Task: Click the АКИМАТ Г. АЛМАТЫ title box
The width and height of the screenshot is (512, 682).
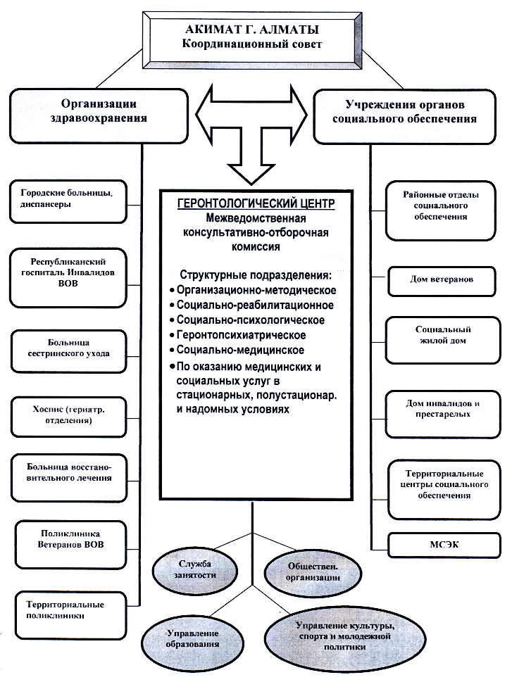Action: coord(252,40)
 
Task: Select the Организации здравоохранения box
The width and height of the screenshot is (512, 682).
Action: coord(99,116)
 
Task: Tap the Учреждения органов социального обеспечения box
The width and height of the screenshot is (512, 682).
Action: coord(404,117)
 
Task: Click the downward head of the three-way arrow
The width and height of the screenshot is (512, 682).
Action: coord(252,172)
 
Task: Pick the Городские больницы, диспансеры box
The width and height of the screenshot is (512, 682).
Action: coord(68,202)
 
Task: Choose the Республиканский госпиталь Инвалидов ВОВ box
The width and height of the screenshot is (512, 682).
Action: coord(68,277)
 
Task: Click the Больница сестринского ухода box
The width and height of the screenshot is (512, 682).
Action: coord(69,351)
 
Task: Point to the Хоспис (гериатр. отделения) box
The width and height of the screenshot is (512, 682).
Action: coord(69,416)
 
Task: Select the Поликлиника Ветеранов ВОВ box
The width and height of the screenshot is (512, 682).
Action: coord(71,545)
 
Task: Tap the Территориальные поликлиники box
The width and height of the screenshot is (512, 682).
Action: coord(71,615)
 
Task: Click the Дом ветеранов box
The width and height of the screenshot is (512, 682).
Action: coord(442,282)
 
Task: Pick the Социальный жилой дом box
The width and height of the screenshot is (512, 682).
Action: coord(443,340)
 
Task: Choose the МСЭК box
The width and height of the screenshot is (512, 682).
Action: coord(444,545)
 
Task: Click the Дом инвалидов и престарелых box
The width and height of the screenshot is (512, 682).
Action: coord(443,414)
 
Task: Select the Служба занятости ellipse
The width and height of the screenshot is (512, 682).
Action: coord(195,570)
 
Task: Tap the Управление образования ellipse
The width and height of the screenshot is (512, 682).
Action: coord(192,639)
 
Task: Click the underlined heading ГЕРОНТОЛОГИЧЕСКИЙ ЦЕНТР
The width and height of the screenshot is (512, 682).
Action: coord(256,203)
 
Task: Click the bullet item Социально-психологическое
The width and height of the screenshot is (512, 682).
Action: coord(247,320)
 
